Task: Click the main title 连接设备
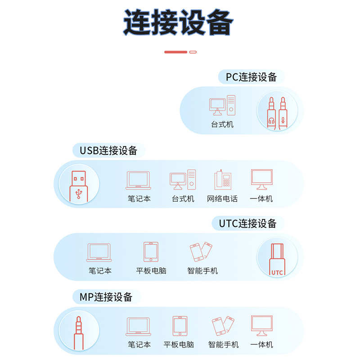pyautogui.click(x=179, y=22)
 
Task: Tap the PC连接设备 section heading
pyautogui.click(x=251, y=77)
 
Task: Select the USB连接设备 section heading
pyautogui.click(x=108, y=150)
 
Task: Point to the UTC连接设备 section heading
pyautogui.click(x=247, y=223)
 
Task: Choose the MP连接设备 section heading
pyautogui.click(x=106, y=297)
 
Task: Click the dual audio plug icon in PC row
pyautogui.click(x=277, y=112)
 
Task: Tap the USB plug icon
pyautogui.click(x=79, y=184)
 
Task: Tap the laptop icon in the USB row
pyautogui.click(x=139, y=180)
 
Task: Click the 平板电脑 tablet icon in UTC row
pyautogui.click(x=151, y=252)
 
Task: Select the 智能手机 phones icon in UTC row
pyautogui.click(x=201, y=252)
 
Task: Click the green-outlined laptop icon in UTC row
pyautogui.click(x=99, y=252)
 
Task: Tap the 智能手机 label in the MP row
pyautogui.click(x=223, y=345)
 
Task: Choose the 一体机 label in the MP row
pyautogui.click(x=262, y=345)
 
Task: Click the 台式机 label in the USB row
pyautogui.click(x=183, y=198)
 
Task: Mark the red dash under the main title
pyautogui.click(x=175, y=52)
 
